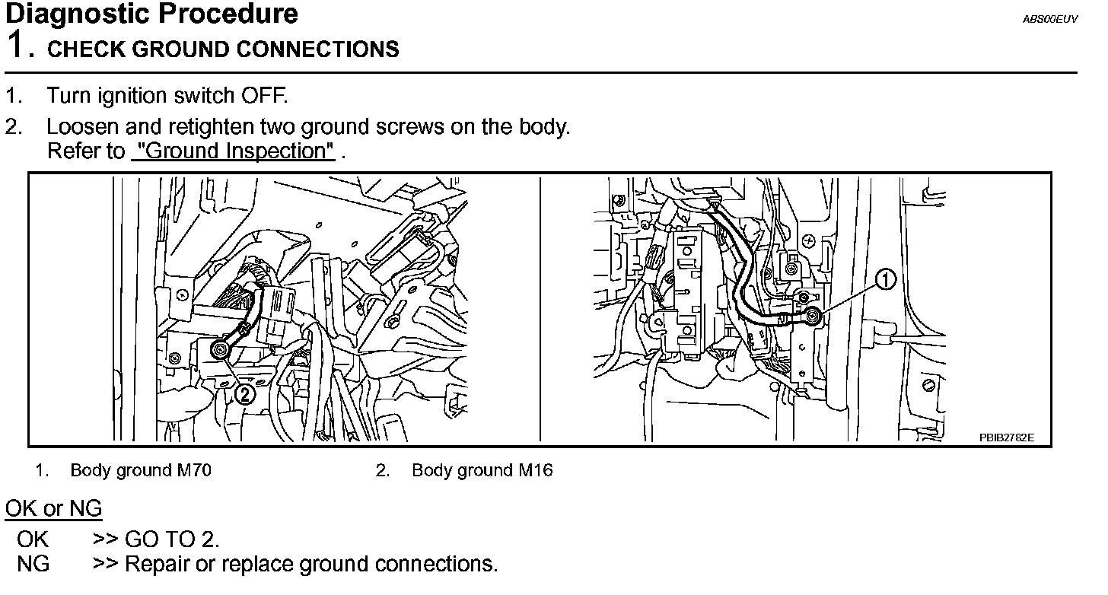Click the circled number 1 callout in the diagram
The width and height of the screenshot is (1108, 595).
885,281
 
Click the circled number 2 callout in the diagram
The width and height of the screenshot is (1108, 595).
245,393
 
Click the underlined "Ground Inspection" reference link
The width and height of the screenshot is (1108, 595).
233,151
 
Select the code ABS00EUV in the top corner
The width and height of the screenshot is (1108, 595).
1049,19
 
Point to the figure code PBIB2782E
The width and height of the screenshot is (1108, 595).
1007,437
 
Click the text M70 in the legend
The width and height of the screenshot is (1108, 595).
196,470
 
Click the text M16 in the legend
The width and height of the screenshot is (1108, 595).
536,470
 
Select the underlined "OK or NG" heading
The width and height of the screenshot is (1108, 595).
53,508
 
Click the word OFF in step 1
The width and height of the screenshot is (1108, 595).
263,96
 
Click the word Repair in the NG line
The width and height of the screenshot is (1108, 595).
158,564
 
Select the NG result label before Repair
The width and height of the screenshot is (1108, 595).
33,564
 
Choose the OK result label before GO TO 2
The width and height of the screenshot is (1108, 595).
33,539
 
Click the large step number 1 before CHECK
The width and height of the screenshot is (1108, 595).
17,46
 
